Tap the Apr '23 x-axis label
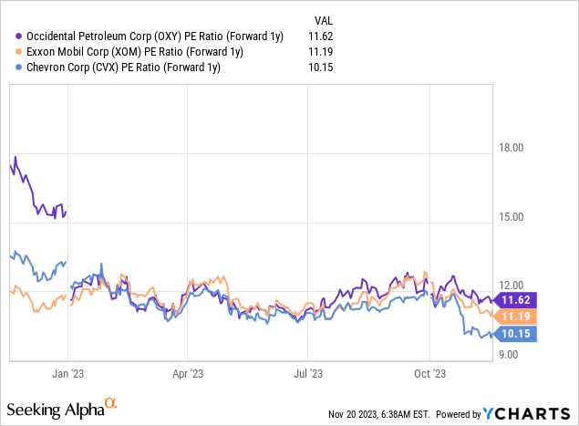pyautogui.click(x=187, y=373)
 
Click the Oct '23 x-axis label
pyautogui.click(x=429, y=373)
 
